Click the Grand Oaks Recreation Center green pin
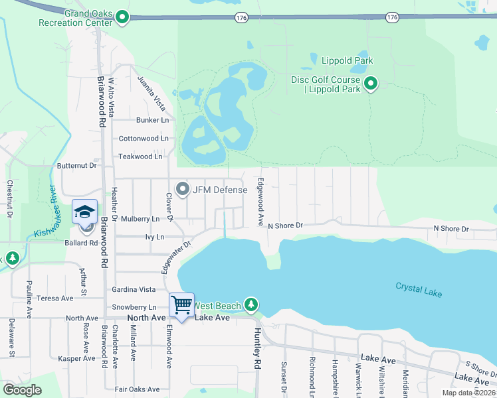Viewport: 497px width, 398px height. (122, 17)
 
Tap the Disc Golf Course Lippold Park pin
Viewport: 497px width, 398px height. (371, 84)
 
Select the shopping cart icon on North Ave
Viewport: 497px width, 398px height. (181, 305)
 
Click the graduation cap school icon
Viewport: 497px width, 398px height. (85, 212)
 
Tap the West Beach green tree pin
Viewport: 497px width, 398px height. (250, 304)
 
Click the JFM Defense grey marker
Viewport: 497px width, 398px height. (183, 189)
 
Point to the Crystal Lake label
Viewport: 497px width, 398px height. (419, 289)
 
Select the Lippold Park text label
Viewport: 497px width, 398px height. (347, 61)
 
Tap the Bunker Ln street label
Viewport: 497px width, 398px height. (152, 120)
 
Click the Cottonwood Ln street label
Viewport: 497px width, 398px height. (143, 139)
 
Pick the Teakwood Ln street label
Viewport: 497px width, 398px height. (140, 157)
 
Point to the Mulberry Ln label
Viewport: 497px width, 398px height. (137, 218)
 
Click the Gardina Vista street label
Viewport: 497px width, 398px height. (134, 289)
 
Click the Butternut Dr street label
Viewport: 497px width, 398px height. (77, 165)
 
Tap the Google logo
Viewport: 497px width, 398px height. (22, 389)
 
